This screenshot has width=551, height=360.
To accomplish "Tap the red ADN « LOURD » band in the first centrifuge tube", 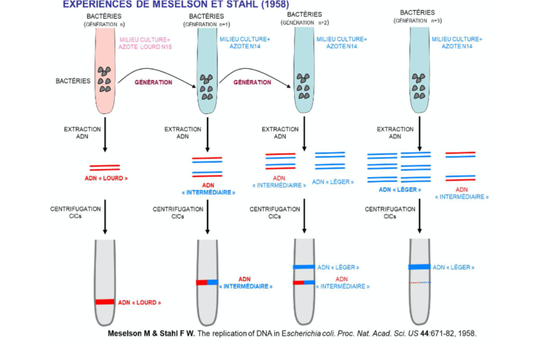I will coord(105,302).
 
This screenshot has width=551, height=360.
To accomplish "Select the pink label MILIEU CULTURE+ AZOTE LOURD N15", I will coord(145,44).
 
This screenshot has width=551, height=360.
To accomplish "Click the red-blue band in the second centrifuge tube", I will coord(207,282).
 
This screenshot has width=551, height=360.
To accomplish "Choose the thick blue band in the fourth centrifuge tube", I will coord(419,267).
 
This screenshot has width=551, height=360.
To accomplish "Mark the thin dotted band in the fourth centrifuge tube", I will coord(419,282).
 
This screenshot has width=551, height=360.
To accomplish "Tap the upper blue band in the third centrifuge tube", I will coord(304,267).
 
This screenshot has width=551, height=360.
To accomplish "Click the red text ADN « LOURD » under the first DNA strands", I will coord(105,179).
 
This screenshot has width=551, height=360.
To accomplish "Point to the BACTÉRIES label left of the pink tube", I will coord(73,81).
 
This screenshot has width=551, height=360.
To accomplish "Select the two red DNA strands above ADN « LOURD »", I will coord(105,166).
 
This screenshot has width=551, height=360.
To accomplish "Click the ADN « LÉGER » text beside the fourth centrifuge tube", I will coord(453,267).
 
